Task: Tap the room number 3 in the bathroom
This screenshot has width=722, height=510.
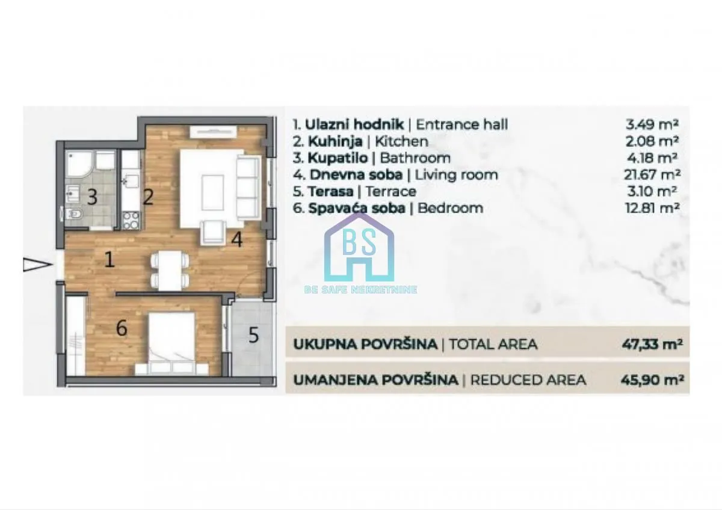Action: click(x=92, y=197)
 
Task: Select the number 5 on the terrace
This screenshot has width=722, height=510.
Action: click(x=253, y=335)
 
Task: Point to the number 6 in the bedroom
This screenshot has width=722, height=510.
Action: click(x=122, y=328)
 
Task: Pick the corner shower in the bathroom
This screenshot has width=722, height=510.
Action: click(x=78, y=164)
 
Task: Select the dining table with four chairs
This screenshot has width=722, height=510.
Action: click(x=169, y=269)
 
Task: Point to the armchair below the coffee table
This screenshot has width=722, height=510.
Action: click(x=212, y=232)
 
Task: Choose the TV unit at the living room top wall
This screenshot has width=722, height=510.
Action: click(x=206, y=132)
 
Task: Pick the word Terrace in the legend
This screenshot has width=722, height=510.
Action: click(x=391, y=192)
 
